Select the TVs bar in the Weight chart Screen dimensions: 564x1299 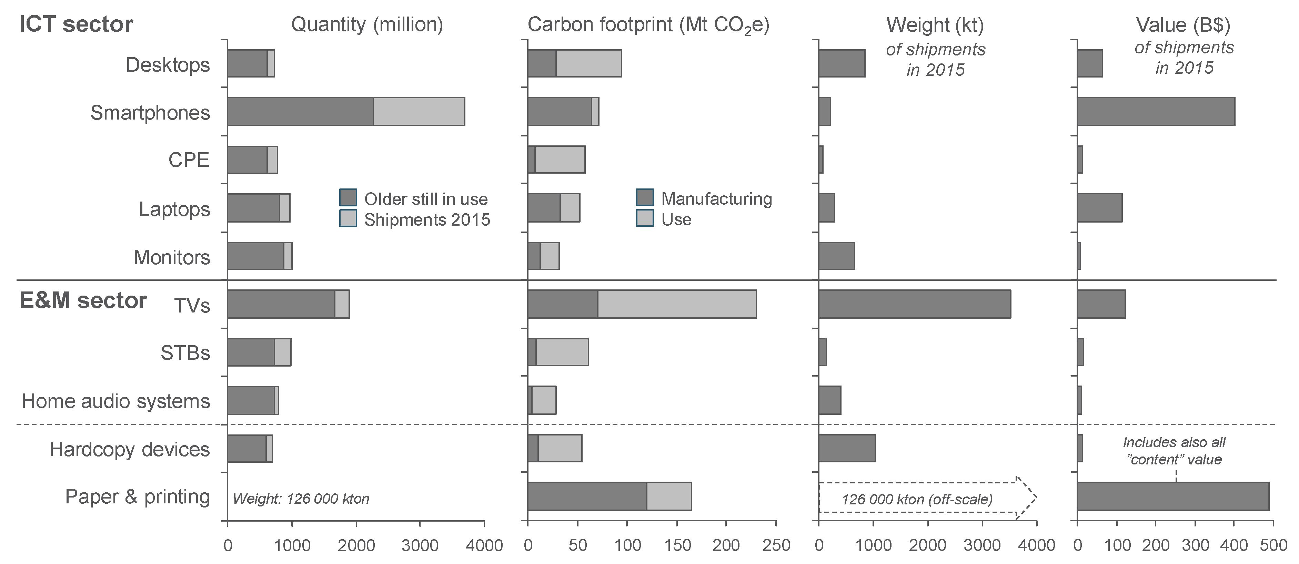click(x=914, y=304)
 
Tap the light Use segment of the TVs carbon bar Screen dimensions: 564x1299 click(x=677, y=304)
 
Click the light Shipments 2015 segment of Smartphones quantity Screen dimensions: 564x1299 click(x=419, y=111)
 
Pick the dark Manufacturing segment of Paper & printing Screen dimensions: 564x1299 click(x=587, y=496)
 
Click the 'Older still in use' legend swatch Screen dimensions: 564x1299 click(x=348, y=197)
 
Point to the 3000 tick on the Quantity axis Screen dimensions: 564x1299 click(x=420, y=545)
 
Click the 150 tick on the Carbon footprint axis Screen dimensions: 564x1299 click(x=677, y=545)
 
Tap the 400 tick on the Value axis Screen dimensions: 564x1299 click(x=1233, y=545)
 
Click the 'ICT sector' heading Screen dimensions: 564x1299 click(x=75, y=24)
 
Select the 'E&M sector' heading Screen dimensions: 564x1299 click(x=83, y=300)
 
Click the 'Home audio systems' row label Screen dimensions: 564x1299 click(x=115, y=401)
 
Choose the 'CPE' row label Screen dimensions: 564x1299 click(x=189, y=160)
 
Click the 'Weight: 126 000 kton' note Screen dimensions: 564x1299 click(x=301, y=499)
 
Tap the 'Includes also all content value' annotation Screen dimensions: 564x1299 click(x=1174, y=451)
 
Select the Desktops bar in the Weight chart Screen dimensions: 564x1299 click(x=841, y=63)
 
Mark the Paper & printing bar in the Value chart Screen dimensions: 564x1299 click(x=1172, y=496)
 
